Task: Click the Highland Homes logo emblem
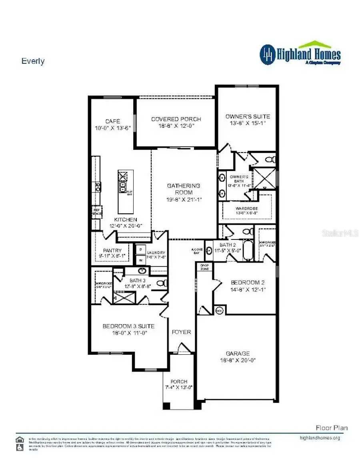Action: click(x=268, y=55)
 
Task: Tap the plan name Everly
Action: click(x=33, y=61)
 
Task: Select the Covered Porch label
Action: click(x=176, y=119)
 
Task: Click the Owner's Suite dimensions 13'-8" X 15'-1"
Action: click(x=248, y=123)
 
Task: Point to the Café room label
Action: click(x=112, y=121)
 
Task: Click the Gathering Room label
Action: click(x=184, y=189)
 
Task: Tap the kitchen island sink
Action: click(x=122, y=187)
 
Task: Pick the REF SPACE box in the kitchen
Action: click(x=97, y=211)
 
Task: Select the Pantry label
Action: click(x=112, y=251)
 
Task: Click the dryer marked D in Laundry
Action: click(x=140, y=249)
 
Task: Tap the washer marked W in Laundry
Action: click(x=140, y=260)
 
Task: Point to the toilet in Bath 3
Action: click(x=162, y=283)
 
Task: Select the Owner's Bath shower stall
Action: click(x=265, y=178)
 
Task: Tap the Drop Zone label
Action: click(x=204, y=267)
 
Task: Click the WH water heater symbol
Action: click(x=219, y=310)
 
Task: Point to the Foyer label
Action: click(x=181, y=332)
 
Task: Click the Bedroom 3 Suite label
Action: click(x=128, y=326)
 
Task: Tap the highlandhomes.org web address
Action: click(x=320, y=438)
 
